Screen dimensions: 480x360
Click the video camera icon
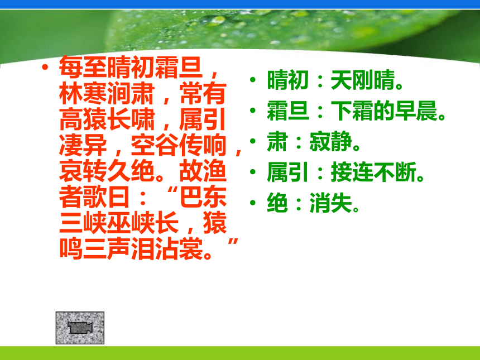point(80,328)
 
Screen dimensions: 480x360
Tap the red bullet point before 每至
point(45,67)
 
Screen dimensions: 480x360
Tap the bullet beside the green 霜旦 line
point(252,111)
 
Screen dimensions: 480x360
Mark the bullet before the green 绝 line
point(252,203)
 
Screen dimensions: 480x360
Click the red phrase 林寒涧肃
point(107,93)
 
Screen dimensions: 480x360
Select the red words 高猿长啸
point(107,119)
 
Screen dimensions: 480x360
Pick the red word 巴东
point(203,197)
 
